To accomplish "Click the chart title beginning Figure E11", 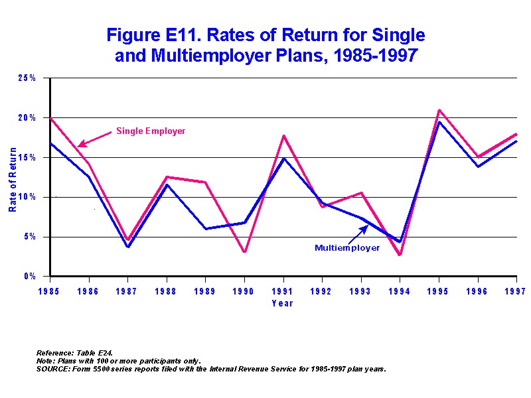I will click(x=265, y=45).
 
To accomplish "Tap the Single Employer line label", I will click(x=151, y=131).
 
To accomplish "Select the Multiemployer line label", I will click(x=347, y=247).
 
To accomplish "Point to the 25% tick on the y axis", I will click(x=27, y=78).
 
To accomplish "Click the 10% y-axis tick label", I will click(x=27, y=197).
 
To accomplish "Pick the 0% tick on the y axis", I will click(x=30, y=277).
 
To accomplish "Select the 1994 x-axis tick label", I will click(x=400, y=290).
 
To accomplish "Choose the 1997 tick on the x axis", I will click(x=517, y=290).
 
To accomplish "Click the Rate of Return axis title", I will click(x=13, y=180).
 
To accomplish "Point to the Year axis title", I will click(x=282, y=303).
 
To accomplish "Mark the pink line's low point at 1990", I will click(x=245, y=252).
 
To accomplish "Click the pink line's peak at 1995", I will click(x=439, y=110).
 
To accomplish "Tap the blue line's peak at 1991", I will click(x=284, y=159).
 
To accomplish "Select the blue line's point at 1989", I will click(x=206, y=229).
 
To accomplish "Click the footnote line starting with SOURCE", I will click(x=211, y=368).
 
